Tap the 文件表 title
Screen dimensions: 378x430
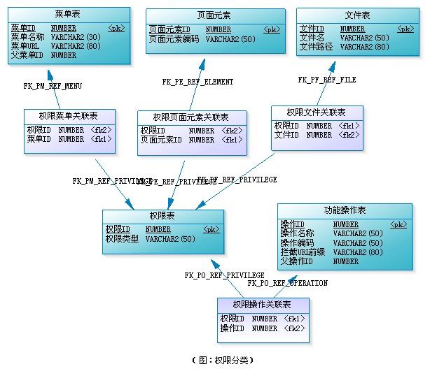(358, 15)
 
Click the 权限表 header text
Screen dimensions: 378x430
(162, 216)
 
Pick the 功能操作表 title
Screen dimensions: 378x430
(345, 210)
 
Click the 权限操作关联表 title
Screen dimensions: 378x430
(262, 305)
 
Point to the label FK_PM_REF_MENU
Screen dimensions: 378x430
(53, 86)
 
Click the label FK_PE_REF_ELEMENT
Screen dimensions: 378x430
(198, 82)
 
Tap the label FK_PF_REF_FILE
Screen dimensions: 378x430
(327, 80)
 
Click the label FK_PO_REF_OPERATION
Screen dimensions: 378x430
(288, 283)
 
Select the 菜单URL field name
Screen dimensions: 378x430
(25, 46)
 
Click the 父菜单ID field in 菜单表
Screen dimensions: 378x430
(27, 55)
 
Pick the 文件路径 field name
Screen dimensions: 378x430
(316, 47)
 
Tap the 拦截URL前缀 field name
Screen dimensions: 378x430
(303, 252)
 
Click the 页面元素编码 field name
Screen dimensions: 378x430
(174, 39)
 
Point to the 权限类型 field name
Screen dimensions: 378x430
(122, 239)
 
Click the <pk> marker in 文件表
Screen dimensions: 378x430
(405, 29)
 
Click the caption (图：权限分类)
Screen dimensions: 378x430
(222, 361)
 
